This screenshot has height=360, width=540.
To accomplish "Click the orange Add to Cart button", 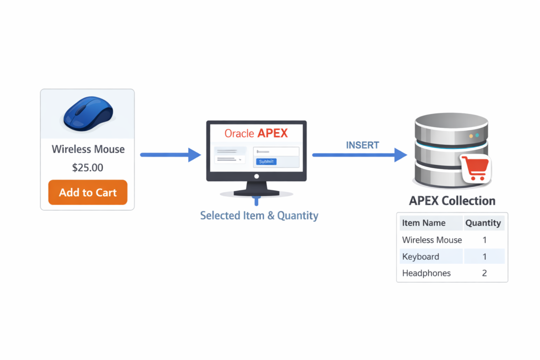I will tap(88, 192).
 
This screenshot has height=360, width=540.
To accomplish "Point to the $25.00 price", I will tap(88, 168).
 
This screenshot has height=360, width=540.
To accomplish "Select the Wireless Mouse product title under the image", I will tap(88, 149).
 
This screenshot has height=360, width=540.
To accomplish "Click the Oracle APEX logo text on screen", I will tap(256, 133).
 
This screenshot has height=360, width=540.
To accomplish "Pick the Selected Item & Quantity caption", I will tap(259, 216).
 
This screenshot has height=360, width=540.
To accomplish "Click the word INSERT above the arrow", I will tap(362, 145).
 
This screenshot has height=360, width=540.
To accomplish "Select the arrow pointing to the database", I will tap(359, 155).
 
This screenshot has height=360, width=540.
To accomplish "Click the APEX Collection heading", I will tap(452, 201).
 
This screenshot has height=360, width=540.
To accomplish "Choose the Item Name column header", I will tap(423, 223).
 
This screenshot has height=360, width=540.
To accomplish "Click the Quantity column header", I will tap(483, 223).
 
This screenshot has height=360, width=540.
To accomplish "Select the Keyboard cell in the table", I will tap(420, 257).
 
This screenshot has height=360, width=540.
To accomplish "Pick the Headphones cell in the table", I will tap(427, 273).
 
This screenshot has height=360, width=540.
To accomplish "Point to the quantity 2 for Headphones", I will tap(484, 273).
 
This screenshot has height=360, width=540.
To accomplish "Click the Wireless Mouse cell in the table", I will tap(432, 240).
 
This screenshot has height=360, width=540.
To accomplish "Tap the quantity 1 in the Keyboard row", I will tap(484, 257).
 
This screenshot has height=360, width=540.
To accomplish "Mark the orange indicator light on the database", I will tap(471, 136).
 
